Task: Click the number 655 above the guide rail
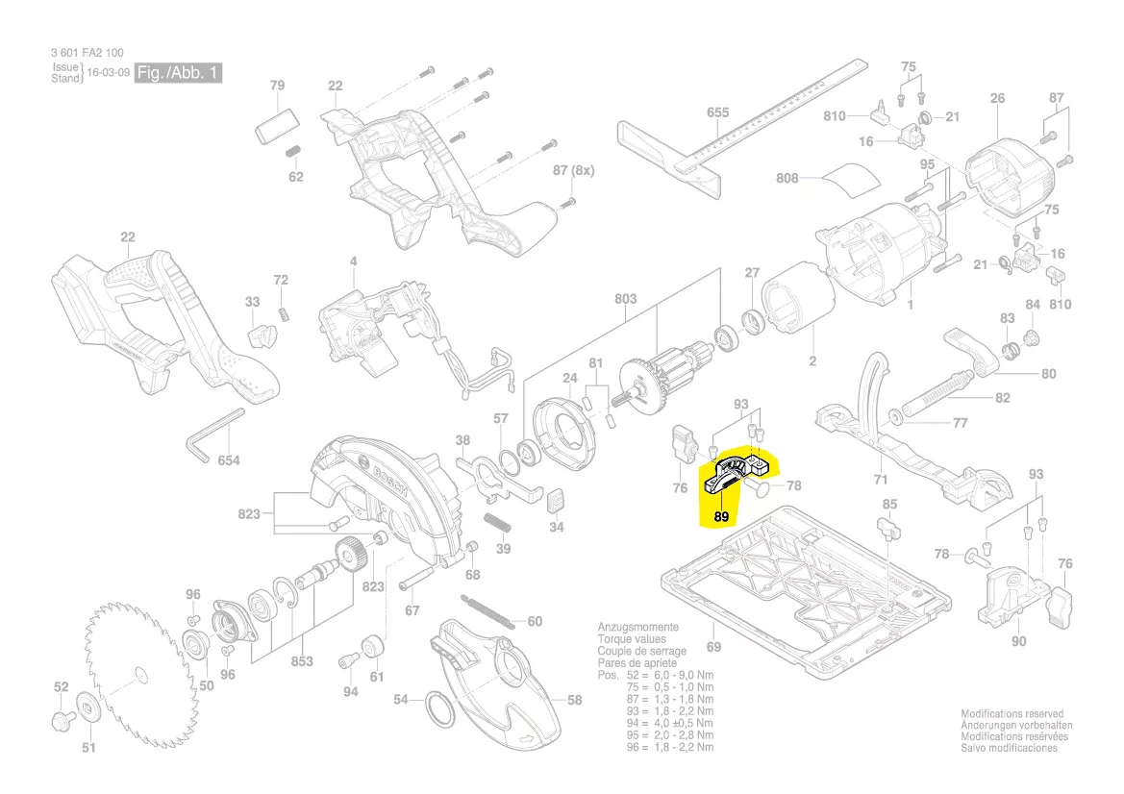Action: [717, 113]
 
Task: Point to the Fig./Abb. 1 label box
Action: [179, 73]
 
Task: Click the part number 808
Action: [788, 178]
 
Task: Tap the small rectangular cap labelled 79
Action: [277, 124]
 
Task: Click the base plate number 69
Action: [713, 647]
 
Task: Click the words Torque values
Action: [631, 639]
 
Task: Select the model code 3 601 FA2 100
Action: [87, 53]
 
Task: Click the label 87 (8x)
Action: [573, 170]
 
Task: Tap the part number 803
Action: [625, 299]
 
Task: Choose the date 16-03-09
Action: [108, 73]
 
